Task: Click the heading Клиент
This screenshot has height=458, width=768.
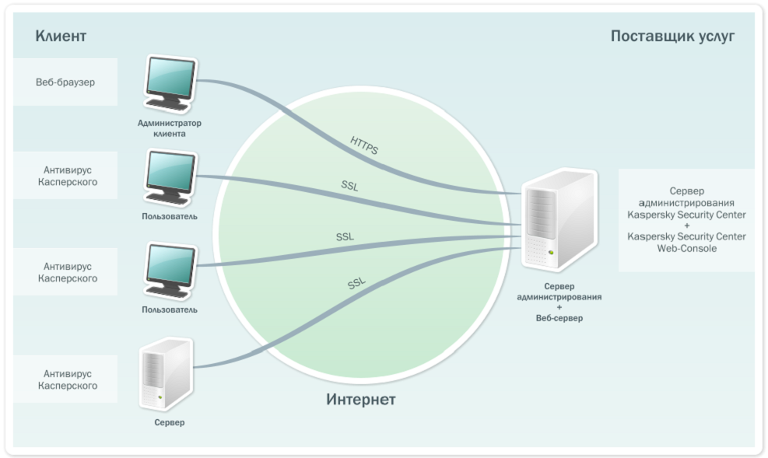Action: [61, 37]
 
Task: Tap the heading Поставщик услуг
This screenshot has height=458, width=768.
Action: [672, 37]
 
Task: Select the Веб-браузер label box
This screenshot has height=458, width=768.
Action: [65, 82]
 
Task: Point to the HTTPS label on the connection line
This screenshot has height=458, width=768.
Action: [363, 145]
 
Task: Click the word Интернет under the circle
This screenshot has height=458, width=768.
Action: [360, 400]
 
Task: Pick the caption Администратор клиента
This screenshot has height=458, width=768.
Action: [169, 128]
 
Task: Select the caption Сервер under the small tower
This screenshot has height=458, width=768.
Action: [169, 423]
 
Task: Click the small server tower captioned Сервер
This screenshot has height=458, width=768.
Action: [165, 374]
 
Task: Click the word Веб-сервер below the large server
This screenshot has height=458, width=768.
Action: [559, 318]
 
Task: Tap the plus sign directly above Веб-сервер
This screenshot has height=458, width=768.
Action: [559, 308]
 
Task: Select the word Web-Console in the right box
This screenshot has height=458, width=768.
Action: [686, 249]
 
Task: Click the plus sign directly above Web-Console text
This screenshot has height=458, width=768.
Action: [686, 226]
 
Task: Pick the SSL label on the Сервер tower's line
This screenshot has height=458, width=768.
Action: [356, 285]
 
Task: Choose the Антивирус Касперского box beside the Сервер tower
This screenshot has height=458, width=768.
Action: [65, 379]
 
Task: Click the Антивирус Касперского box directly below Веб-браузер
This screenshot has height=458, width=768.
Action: [65, 176]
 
